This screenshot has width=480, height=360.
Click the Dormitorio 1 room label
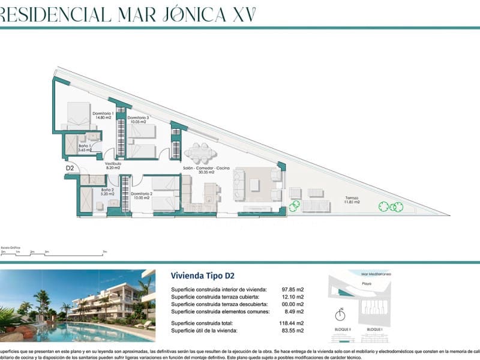(103, 116)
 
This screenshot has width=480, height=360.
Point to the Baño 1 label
(83, 148)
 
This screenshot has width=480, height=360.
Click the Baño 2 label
(91, 191)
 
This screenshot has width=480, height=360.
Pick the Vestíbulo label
(113, 166)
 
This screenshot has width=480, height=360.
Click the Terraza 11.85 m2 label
(352, 200)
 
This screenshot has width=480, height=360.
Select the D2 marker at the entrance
(70, 169)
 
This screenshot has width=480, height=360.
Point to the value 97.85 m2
(292, 289)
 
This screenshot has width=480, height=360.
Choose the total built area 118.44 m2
(291, 323)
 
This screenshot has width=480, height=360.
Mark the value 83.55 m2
(292, 331)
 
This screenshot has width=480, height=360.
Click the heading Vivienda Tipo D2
(202, 276)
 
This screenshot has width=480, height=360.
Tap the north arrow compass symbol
(340, 315)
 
